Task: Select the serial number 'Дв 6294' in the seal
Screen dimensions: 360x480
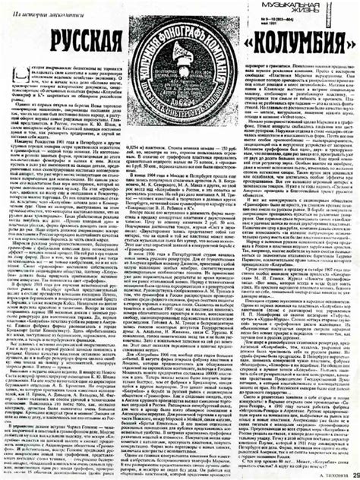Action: point(181,99)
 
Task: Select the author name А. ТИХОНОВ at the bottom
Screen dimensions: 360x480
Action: point(318,473)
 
